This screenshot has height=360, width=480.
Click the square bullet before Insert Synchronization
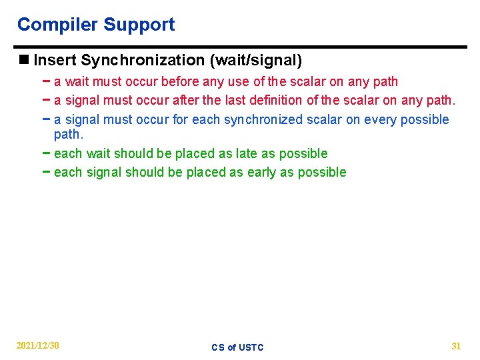[x=24, y=61]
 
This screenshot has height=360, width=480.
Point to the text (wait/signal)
[x=256, y=61]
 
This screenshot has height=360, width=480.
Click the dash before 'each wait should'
[x=45, y=153]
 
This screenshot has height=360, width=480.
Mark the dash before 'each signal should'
[x=45, y=172]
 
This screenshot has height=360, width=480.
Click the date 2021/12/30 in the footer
[x=38, y=345]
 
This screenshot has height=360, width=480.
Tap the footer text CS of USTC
[x=237, y=347]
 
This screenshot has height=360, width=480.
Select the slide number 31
[x=456, y=345]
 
